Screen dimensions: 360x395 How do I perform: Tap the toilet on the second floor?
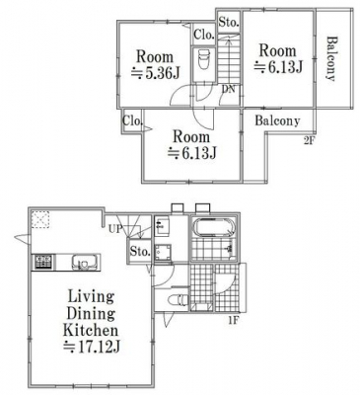coord(203,59)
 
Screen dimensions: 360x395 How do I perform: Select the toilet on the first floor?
coord(178,299)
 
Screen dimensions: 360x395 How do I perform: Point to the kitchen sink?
coord(84,262)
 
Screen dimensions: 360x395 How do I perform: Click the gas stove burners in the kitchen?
coord(43,262)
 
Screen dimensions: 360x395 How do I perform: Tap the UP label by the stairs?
coord(115,229)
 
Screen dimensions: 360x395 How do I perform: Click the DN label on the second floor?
coord(229,89)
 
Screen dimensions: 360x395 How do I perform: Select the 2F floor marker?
coord(309,141)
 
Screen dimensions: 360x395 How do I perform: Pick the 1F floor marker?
coord(233,319)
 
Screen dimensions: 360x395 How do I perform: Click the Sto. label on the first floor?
coord(140,252)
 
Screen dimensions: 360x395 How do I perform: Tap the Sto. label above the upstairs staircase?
coord(229,23)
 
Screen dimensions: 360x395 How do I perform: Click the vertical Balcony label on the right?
coord(331,58)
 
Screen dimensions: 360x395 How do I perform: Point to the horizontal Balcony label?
coord(278,120)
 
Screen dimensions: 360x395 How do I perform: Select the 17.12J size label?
coord(92,347)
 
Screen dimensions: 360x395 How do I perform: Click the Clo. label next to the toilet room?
coord(204,35)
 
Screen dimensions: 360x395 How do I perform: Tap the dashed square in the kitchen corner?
coord(41,219)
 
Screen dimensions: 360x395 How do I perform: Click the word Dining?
coord(91,313)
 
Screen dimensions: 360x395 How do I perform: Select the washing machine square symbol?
coord(163,253)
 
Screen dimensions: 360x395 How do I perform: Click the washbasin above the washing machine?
coord(162,226)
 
